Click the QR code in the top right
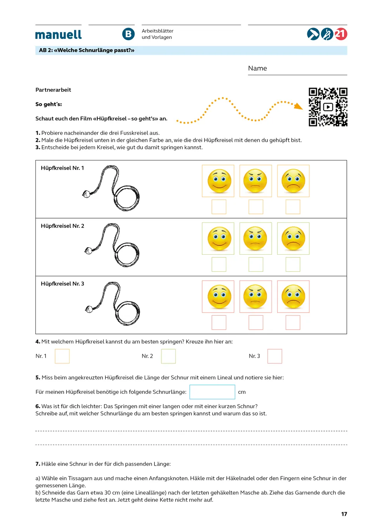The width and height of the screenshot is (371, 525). point(328,107)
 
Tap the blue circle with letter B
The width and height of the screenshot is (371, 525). point(128,34)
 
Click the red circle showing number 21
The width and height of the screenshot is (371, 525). point(341,34)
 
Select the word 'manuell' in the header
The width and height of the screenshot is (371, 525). point(58,35)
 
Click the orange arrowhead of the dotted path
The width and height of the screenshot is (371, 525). point(298,106)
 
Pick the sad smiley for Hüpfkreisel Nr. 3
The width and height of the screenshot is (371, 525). point(293,297)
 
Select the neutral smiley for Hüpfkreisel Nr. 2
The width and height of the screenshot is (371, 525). point(256,238)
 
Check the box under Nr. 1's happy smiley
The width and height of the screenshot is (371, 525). point(219,207)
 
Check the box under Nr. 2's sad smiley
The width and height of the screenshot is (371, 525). point(293,264)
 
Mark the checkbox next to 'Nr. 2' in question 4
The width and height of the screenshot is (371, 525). point(168,356)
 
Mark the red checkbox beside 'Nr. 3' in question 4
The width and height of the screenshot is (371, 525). point(275,356)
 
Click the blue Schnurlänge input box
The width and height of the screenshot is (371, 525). point(212,392)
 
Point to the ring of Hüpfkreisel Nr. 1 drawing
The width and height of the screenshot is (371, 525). point(127,198)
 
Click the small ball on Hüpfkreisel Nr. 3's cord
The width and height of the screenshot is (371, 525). point(89,309)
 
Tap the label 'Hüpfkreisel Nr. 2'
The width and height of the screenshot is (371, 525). point(62,226)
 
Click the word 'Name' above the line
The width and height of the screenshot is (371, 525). point(257,68)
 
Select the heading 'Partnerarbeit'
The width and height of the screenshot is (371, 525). point(53,90)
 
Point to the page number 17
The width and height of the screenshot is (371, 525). point(344,514)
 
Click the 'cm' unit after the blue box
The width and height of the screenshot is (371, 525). point(242,392)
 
